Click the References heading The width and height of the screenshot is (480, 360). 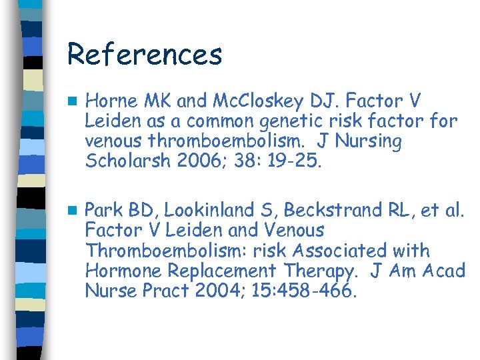point(144,55)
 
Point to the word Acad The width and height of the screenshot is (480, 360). point(441,271)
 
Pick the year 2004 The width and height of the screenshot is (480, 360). point(203,291)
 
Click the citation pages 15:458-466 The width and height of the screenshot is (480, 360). point(303,291)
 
